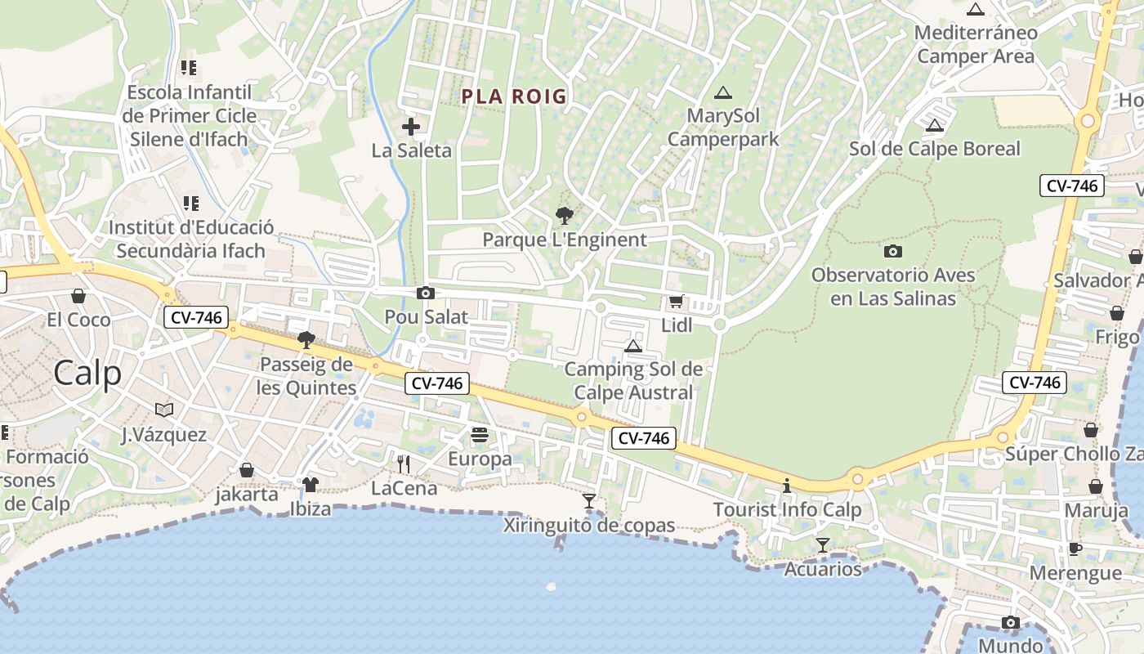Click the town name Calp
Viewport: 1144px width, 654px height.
tap(87, 373)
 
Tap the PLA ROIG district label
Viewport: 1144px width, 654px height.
tap(514, 96)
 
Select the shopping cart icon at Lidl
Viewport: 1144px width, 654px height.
tap(676, 302)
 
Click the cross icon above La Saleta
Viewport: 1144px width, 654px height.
tap(411, 127)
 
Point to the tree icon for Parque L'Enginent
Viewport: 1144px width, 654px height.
tap(564, 216)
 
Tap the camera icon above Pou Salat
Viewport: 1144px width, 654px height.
tap(425, 293)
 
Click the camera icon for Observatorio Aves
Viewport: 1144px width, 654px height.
tap(893, 251)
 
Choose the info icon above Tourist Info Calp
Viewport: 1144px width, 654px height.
tap(787, 486)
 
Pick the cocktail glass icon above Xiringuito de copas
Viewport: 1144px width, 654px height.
tap(589, 500)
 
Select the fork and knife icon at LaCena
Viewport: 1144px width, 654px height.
tap(404, 464)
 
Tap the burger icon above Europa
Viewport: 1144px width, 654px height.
tap(480, 435)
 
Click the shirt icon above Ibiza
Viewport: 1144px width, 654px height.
tap(311, 485)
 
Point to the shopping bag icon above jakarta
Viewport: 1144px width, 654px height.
tap(247, 470)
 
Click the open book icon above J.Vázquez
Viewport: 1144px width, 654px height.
tap(164, 410)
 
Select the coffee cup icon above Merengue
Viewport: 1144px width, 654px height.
tap(1075, 549)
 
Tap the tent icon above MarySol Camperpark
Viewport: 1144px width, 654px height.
tap(722, 93)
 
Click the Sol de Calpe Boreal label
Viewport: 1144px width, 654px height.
tap(935, 149)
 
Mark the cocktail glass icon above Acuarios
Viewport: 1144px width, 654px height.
tap(823, 545)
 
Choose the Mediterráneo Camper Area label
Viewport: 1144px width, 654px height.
tap(976, 44)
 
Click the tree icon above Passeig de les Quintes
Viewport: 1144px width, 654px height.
tap(306, 340)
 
